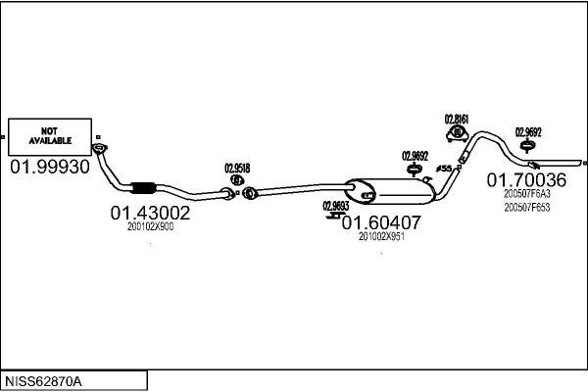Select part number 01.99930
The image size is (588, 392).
pos(50,167)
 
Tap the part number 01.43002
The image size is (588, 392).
pos(150,212)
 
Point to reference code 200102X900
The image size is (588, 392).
pos(150,226)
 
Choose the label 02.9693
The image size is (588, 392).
pos(335,206)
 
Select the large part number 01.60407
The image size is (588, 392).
pos(381,222)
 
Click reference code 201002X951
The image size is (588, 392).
pos(381,236)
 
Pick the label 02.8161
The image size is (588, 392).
pos(457,120)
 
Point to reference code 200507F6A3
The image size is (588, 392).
pos(526,194)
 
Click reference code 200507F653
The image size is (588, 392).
pos(526,207)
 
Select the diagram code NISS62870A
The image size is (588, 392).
pos(45,380)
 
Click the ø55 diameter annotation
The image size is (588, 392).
pos(443,169)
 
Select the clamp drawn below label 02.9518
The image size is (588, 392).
pos(237,178)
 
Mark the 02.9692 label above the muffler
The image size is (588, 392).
pos(416,155)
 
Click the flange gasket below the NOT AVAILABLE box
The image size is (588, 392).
pos(99,149)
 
